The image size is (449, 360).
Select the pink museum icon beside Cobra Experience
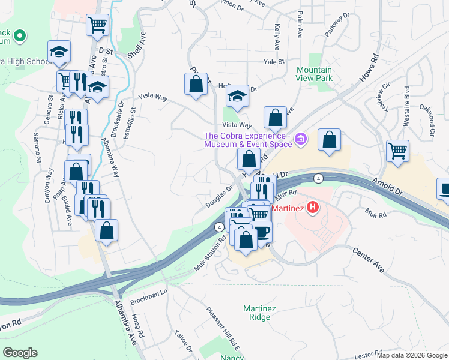click(301, 140)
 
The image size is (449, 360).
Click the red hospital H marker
click(312, 208)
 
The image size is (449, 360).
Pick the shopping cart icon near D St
click(97, 25)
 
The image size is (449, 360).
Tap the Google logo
click(20, 352)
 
